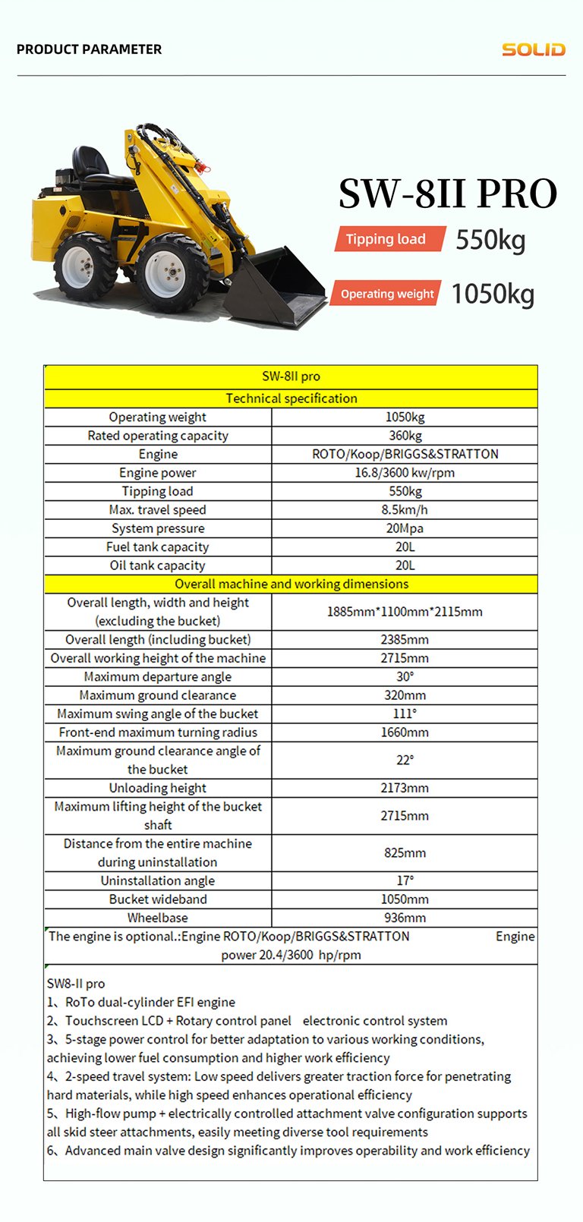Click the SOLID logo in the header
click(x=533, y=49)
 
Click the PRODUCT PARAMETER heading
click(x=89, y=49)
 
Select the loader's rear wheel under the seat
click(x=84, y=266)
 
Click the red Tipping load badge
click(x=386, y=239)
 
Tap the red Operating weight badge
click(x=386, y=294)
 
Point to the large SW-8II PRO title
click(x=447, y=194)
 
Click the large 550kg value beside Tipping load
click(x=490, y=240)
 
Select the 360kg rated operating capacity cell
click(x=405, y=436)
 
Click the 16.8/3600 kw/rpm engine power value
click(x=405, y=473)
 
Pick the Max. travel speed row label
click(x=158, y=510)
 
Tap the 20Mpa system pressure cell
click(x=405, y=528)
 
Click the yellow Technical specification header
click(x=291, y=398)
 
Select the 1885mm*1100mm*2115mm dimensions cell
click(x=405, y=612)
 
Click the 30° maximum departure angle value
click(x=405, y=677)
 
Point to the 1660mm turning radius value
click(x=405, y=732)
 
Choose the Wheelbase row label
click(x=158, y=918)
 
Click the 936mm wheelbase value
click(x=405, y=918)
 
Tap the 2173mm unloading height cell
click(x=405, y=788)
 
